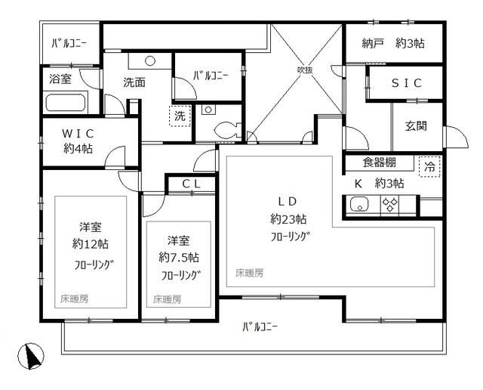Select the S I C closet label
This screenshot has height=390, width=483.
point(406,83)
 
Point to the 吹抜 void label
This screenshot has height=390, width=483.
point(304,70)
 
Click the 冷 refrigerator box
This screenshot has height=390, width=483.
point(429,166)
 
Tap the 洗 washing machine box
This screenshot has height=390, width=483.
point(180,117)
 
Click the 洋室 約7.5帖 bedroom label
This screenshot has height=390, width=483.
point(178,249)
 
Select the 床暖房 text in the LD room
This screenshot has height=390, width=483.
point(248,272)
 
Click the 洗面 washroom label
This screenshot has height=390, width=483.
point(134,83)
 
